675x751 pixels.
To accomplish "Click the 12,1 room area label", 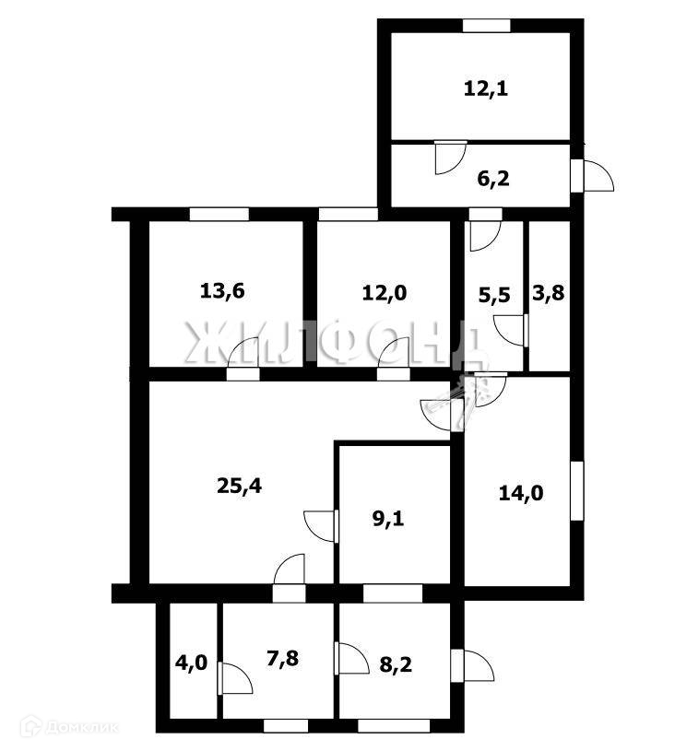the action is click(x=486, y=89).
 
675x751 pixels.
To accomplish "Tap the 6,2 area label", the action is click(x=491, y=178).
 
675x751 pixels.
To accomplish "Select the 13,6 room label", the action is click(x=221, y=291).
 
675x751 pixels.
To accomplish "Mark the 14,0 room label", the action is click(x=521, y=493).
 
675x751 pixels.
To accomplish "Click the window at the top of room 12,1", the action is click(x=487, y=24).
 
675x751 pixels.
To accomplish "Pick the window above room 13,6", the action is click(x=219, y=214).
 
